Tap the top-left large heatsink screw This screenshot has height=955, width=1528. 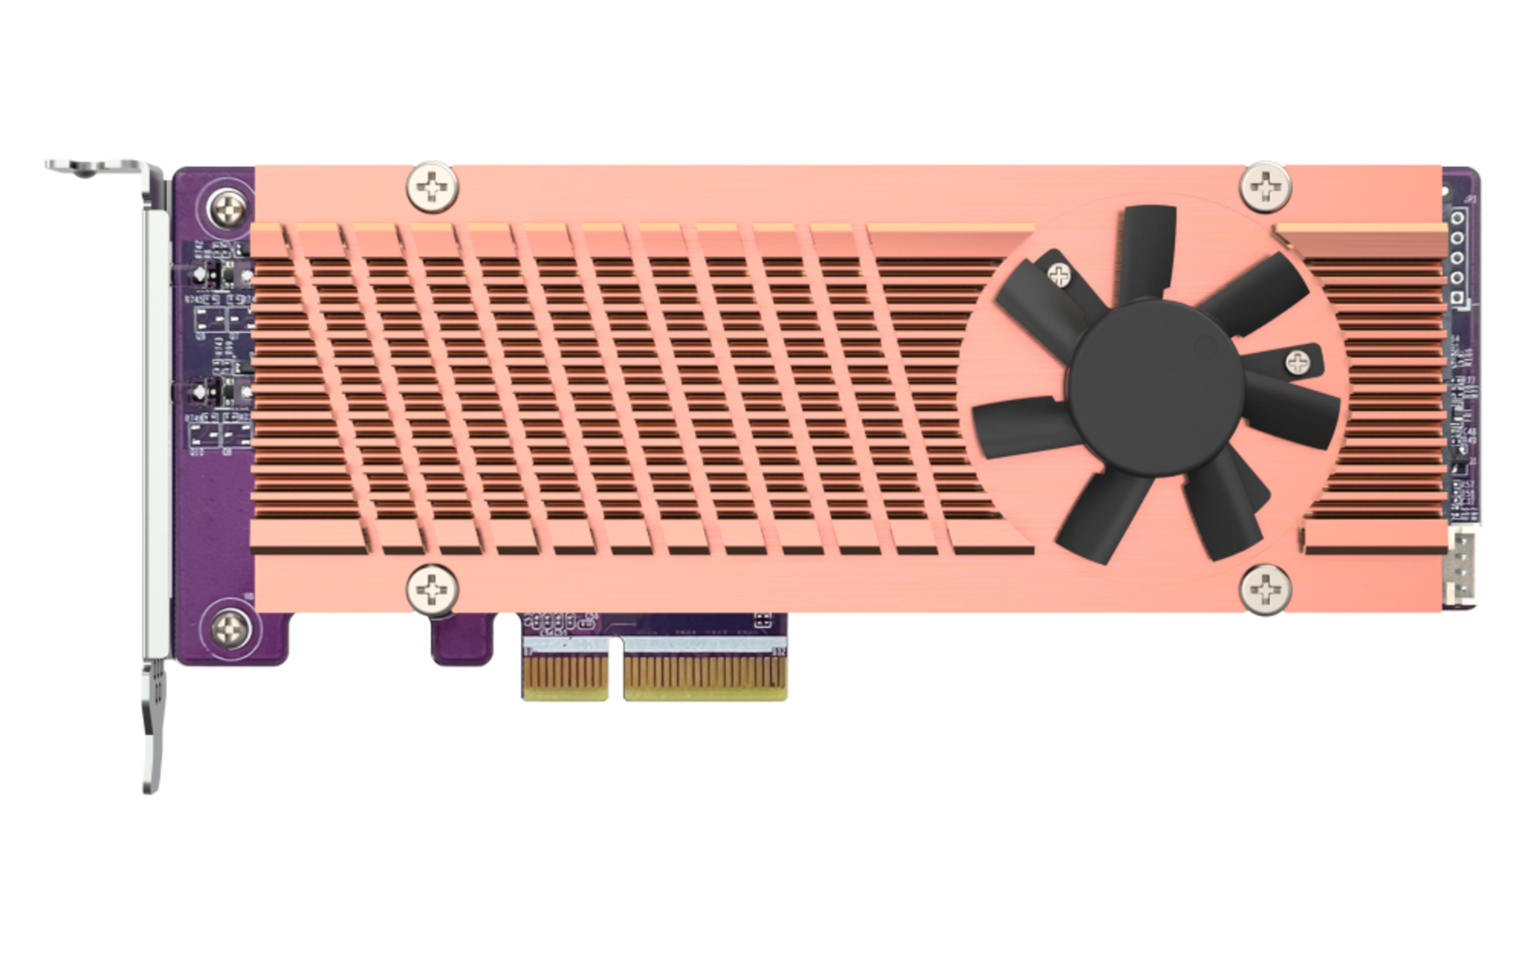[x=433, y=187]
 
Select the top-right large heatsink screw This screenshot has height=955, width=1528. [x=1265, y=187]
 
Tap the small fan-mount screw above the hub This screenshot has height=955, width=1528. [x=1059, y=274]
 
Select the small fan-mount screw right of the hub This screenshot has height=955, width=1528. [x=1298, y=363]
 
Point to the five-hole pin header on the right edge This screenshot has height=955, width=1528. [x=1457, y=258]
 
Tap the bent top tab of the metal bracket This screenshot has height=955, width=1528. [x=95, y=168]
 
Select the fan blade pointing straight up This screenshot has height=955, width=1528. [x=1146, y=249]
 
